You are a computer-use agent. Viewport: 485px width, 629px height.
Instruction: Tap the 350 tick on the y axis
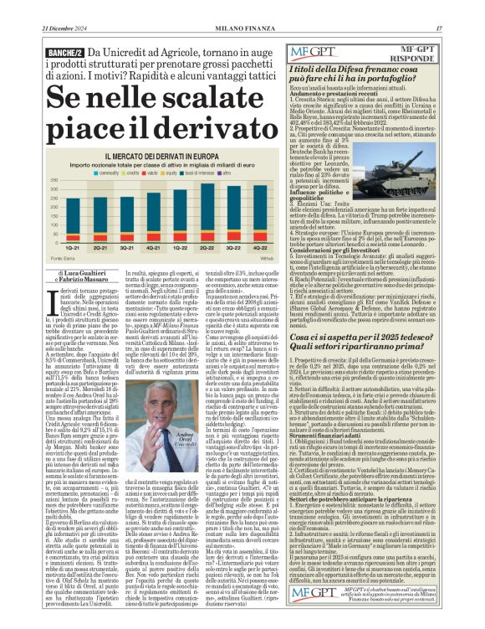[54, 180]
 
